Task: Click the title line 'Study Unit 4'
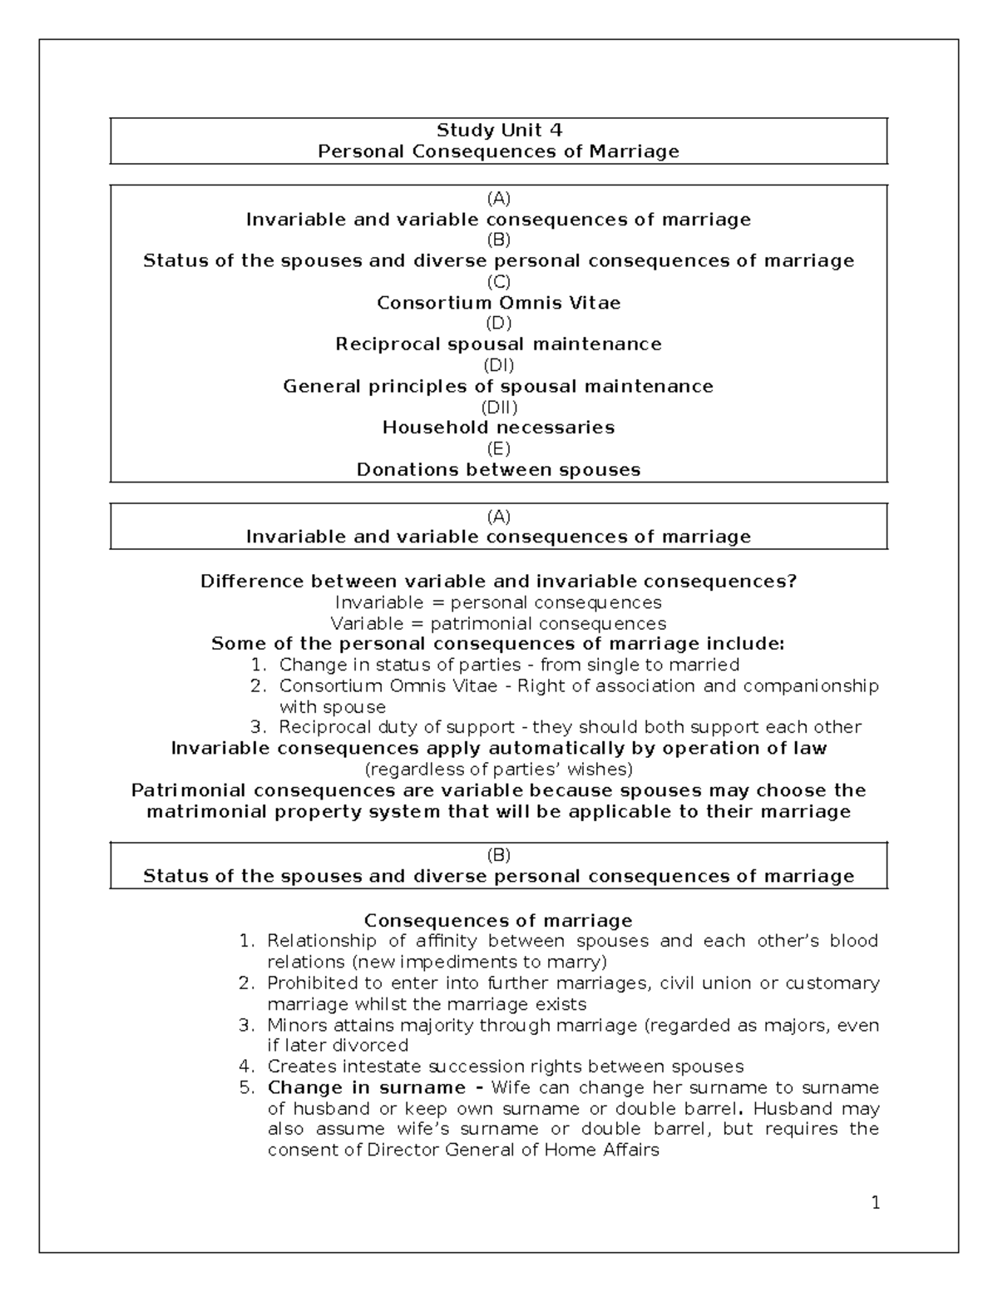pyautogui.click(x=499, y=130)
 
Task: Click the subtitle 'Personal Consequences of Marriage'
pyautogui.click(x=499, y=151)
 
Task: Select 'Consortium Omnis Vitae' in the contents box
pyautogui.click(x=499, y=303)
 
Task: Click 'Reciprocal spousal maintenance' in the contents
pyautogui.click(x=499, y=344)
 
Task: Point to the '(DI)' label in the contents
pyautogui.click(x=499, y=365)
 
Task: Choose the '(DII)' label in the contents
pyautogui.click(x=499, y=407)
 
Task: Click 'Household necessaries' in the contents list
pyautogui.click(x=499, y=428)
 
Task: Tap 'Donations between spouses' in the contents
pyautogui.click(x=499, y=470)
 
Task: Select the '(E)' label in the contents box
pyautogui.click(x=499, y=449)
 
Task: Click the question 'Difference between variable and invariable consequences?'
pyautogui.click(x=499, y=582)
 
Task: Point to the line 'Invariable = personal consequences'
pyautogui.click(x=499, y=602)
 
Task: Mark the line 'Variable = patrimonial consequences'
pyautogui.click(x=499, y=624)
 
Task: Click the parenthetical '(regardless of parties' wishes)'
pyautogui.click(x=499, y=769)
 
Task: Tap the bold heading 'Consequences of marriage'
pyautogui.click(x=499, y=921)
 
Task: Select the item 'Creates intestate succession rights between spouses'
pyautogui.click(x=505, y=1067)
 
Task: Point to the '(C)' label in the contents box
pyautogui.click(x=499, y=282)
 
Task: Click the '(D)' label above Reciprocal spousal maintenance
pyautogui.click(x=499, y=324)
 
